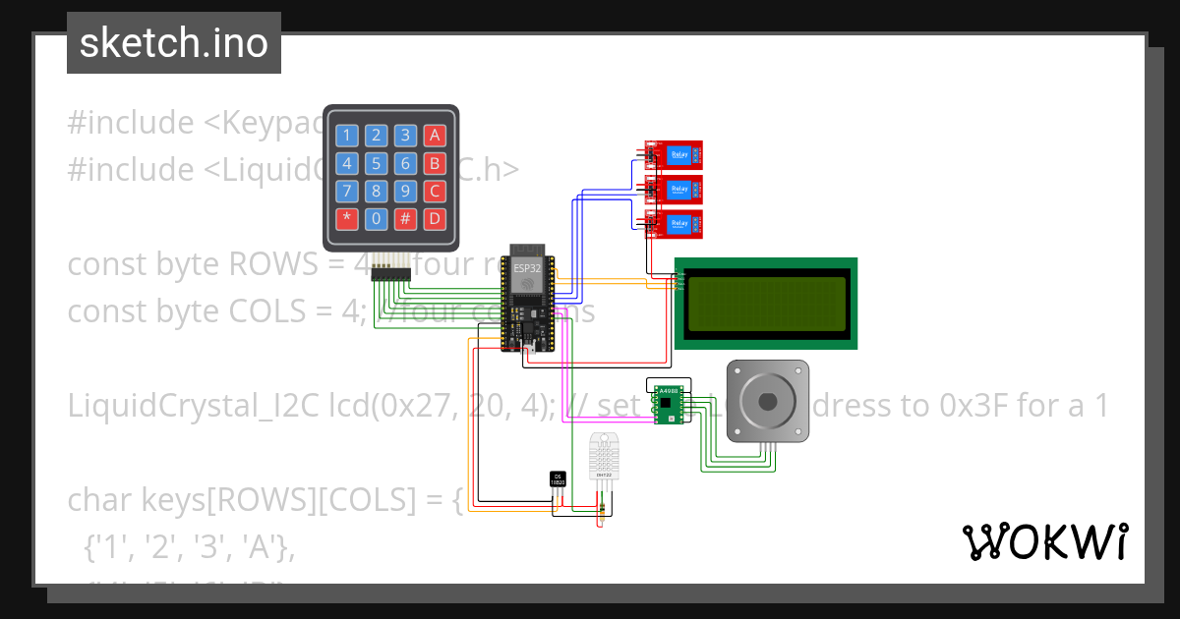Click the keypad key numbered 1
click(347, 136)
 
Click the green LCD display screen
click(766, 303)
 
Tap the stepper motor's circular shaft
click(768, 399)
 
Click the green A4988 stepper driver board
click(669, 402)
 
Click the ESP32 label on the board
click(527, 267)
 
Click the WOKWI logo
click(1044, 541)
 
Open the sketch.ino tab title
click(174, 43)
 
